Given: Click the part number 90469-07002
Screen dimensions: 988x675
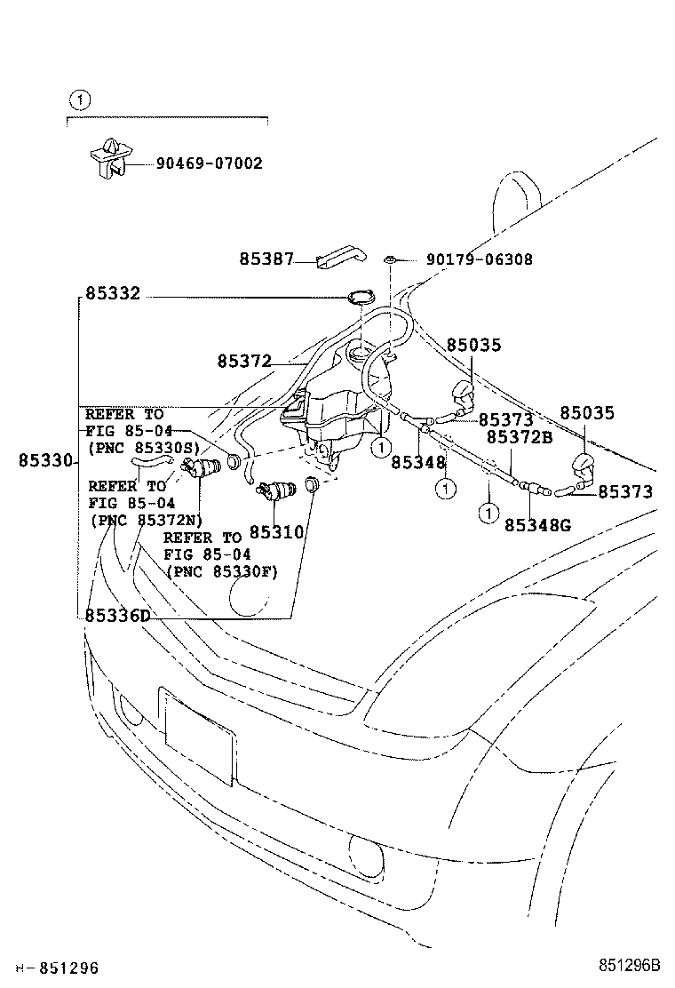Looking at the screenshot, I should pos(209,163).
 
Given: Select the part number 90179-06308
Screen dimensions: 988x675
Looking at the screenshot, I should pos(480,259).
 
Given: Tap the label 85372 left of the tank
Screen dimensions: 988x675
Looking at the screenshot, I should pos(243,361).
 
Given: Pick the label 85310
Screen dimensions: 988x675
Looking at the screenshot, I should pos(276,531).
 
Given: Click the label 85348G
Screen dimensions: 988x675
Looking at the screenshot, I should pos(537,525).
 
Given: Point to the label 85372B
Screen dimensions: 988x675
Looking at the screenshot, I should pos(519,437).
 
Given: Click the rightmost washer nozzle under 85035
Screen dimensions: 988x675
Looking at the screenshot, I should pos(585,465).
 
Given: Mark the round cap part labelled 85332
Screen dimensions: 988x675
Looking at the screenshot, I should pos(361,300).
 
